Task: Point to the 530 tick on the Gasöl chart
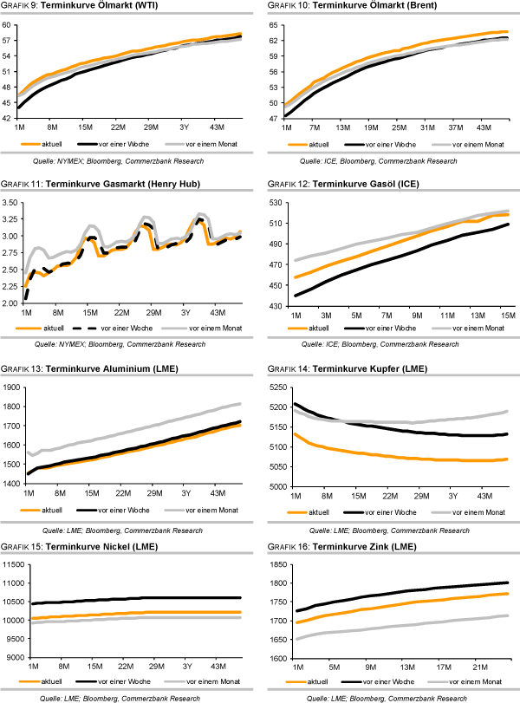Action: (278, 203)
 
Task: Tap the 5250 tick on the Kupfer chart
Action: (276, 387)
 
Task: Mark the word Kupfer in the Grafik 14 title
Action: (380, 370)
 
